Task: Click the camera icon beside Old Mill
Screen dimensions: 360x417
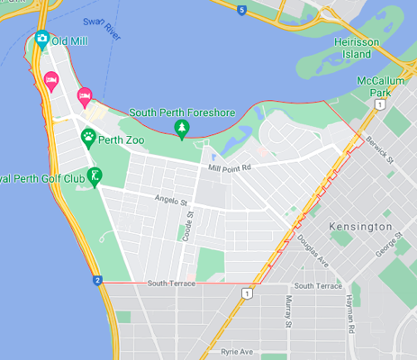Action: click(41, 39)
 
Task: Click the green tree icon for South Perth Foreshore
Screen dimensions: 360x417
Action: click(181, 128)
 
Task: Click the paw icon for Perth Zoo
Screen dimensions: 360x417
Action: click(89, 137)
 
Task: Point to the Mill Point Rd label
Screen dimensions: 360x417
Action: click(227, 167)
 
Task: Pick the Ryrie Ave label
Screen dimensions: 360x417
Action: click(242, 352)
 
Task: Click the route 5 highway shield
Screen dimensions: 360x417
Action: click(241, 10)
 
